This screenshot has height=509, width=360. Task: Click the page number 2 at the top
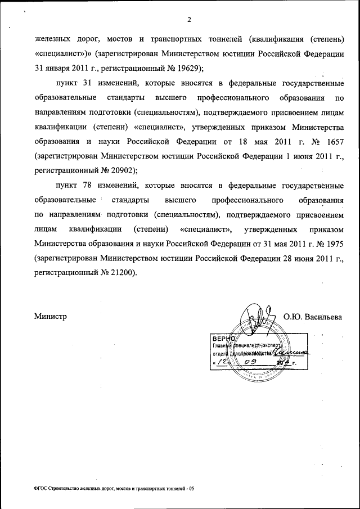click(189, 20)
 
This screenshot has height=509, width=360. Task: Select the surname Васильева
click(325, 317)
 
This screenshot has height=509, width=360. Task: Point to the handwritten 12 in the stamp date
click(223, 363)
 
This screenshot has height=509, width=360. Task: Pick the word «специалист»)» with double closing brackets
click(62, 54)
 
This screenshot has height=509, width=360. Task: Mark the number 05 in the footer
click(191, 489)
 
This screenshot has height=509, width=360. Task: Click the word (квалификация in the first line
click(272, 39)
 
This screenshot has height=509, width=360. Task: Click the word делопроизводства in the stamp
click(249, 353)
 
